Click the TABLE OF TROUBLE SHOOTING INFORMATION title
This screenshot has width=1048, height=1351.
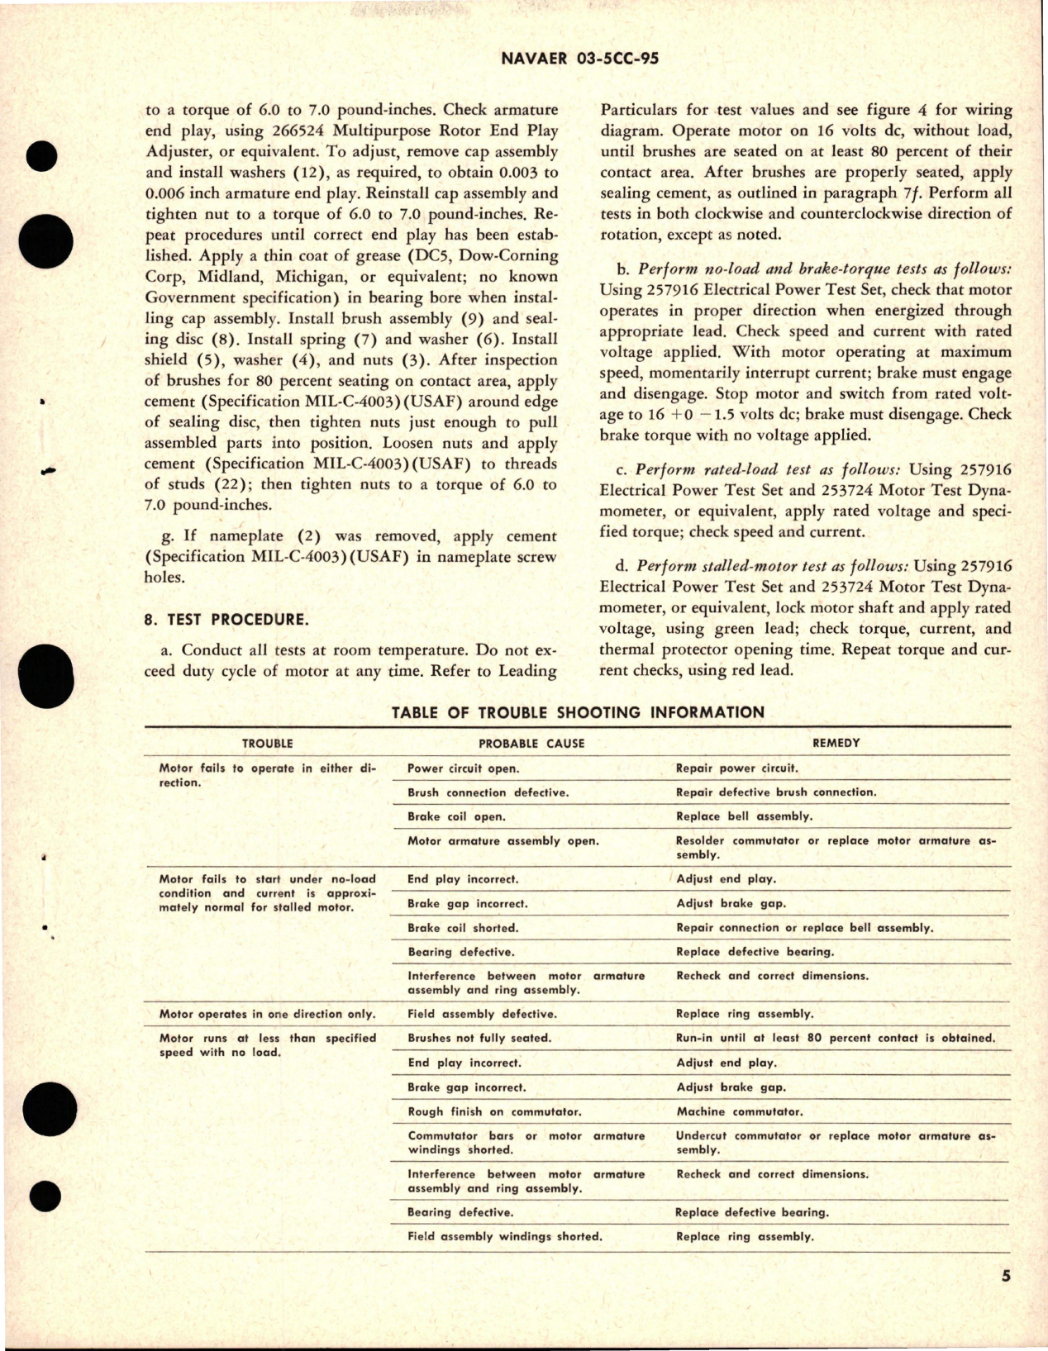point(578,712)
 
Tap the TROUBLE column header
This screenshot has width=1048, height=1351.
point(266,744)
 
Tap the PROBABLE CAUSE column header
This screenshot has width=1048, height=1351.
point(531,744)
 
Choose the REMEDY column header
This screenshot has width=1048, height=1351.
point(836,743)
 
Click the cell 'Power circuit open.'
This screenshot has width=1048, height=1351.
point(463,768)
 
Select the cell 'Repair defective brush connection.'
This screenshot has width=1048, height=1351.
point(775,792)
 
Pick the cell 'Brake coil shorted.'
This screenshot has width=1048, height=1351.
point(462,928)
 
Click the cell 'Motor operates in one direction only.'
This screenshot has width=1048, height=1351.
point(267,1014)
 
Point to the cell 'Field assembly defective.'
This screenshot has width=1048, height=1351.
point(482,1014)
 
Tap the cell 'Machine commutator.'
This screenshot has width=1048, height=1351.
point(739,1112)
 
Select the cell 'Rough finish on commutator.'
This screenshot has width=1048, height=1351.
point(494,1112)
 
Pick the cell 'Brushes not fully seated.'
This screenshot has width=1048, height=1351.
point(479,1039)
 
